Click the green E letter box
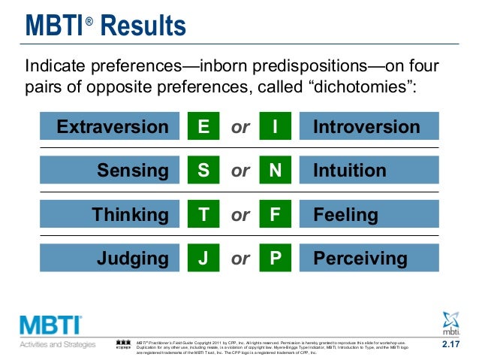[x=203, y=126]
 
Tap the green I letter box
[x=275, y=126]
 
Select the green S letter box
[x=203, y=171]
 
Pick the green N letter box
[x=275, y=171]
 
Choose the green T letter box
[x=203, y=215]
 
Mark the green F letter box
[x=275, y=215]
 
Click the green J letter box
[x=203, y=259]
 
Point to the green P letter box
[x=275, y=259]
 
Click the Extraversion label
[x=113, y=126]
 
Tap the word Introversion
[x=366, y=126]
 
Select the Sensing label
[x=133, y=171]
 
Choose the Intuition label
[x=349, y=171]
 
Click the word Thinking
[x=131, y=215]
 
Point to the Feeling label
[x=345, y=215]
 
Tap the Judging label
[x=133, y=259]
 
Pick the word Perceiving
[x=360, y=259]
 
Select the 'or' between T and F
[x=240, y=216]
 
